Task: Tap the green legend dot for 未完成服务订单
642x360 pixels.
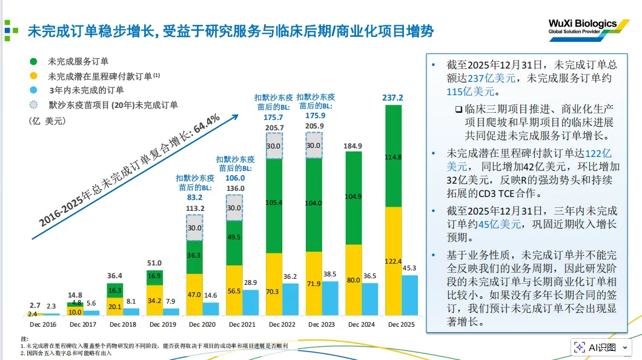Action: click(x=33, y=61)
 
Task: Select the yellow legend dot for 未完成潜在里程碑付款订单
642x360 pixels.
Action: click(x=33, y=76)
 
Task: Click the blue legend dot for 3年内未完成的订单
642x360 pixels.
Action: click(x=33, y=90)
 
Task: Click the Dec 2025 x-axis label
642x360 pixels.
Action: click(x=402, y=325)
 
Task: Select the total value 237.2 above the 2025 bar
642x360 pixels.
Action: click(x=393, y=98)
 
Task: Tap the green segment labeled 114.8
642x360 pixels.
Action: click(x=393, y=156)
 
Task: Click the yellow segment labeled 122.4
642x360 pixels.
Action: click(x=393, y=261)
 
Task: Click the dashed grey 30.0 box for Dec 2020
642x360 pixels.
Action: click(x=194, y=228)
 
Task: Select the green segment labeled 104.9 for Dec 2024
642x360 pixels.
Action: click(x=353, y=197)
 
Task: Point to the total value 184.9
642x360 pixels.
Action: click(x=353, y=146)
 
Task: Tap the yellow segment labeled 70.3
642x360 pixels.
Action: click(x=274, y=291)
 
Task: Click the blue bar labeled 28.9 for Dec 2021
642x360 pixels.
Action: click(x=251, y=302)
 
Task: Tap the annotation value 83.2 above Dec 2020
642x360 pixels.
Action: click(x=194, y=198)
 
